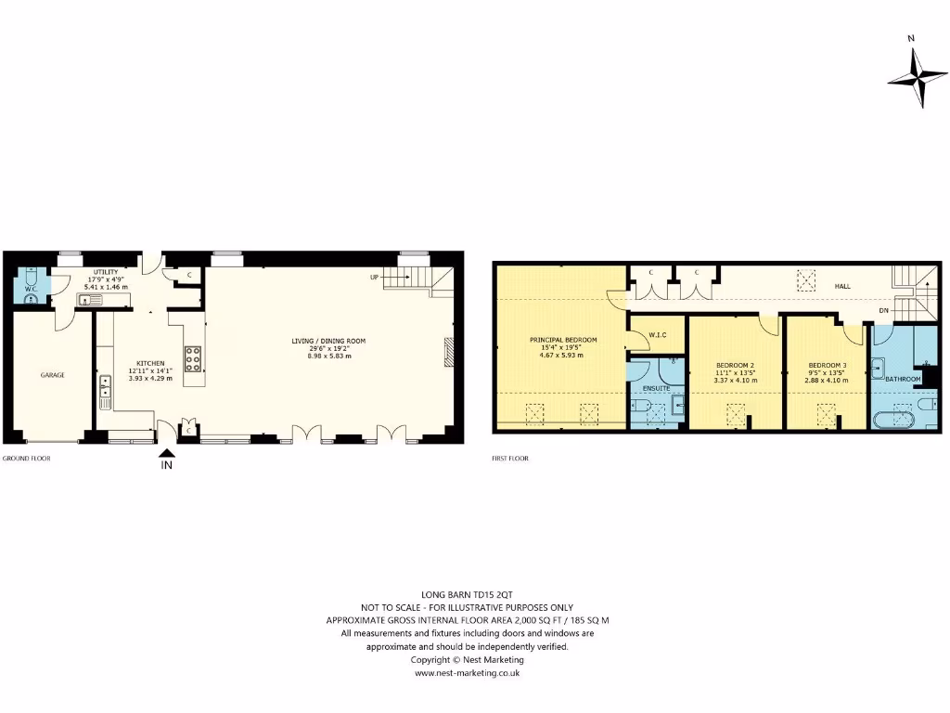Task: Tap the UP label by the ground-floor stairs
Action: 375,278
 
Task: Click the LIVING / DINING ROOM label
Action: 328,341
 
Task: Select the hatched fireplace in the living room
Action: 450,353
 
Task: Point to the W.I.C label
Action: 658,335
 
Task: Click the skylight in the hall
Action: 807,277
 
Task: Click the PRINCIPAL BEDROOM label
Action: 563,340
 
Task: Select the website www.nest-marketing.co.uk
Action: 467,673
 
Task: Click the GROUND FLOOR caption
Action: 26,459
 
